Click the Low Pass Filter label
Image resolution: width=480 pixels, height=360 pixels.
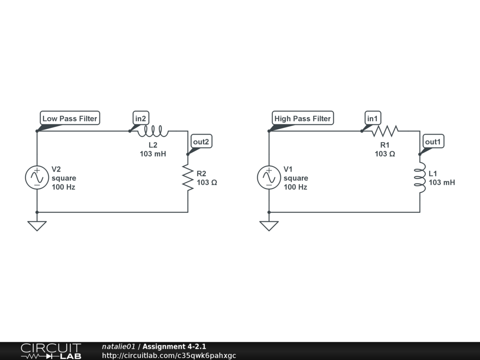[70, 119]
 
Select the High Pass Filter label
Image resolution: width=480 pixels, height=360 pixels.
[302, 119]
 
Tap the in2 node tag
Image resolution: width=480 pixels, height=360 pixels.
[141, 119]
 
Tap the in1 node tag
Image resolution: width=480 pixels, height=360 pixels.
[372, 119]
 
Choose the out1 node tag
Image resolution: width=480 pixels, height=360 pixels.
[434, 142]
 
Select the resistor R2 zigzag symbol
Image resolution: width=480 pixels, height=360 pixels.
[188, 178]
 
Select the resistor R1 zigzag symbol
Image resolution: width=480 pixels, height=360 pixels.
[385, 131]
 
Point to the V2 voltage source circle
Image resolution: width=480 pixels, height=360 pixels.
[37, 178]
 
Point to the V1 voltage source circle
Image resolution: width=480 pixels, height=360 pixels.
[269, 178]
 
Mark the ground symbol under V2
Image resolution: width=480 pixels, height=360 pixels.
[37, 225]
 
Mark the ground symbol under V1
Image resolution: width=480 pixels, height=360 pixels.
[269, 225]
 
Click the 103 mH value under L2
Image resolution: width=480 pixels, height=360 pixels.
[153, 154]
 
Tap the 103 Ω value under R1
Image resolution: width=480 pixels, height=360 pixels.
[385, 154]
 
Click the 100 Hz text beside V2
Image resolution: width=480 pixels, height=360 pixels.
[63, 187]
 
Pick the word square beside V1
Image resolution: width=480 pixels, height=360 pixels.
[296, 178]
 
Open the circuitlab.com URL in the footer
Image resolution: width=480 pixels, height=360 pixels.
[169, 355]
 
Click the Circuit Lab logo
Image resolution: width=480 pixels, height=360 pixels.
[51, 351]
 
